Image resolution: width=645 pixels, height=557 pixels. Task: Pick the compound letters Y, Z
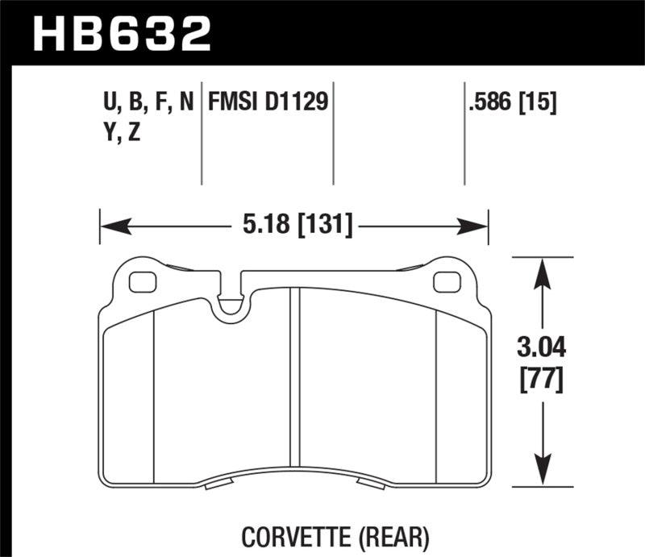(119, 134)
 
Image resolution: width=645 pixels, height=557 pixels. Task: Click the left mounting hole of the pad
(141, 282)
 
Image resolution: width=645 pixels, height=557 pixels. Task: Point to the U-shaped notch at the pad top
(232, 303)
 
